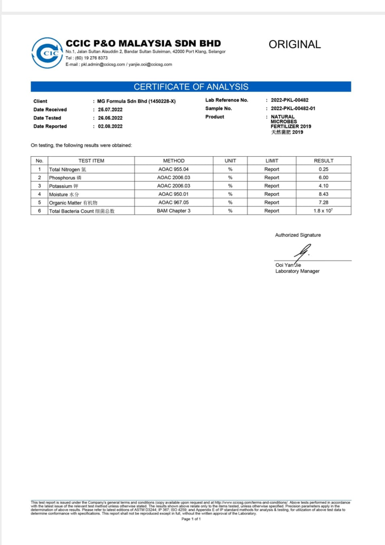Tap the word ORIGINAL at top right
point(295,44)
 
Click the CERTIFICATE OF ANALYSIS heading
point(191,87)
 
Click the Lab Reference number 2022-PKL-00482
point(290,100)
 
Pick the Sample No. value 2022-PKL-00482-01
point(293,108)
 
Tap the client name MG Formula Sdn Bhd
point(129,101)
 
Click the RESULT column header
point(324,161)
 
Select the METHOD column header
point(174,161)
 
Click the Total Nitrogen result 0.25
point(324,169)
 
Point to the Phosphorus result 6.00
point(324,178)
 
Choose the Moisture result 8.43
point(324,194)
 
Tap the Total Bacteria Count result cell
point(324,211)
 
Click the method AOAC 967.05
point(174,203)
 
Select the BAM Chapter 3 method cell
point(174,211)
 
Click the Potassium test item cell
point(90,186)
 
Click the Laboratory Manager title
point(297,271)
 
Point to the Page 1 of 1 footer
point(191,519)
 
